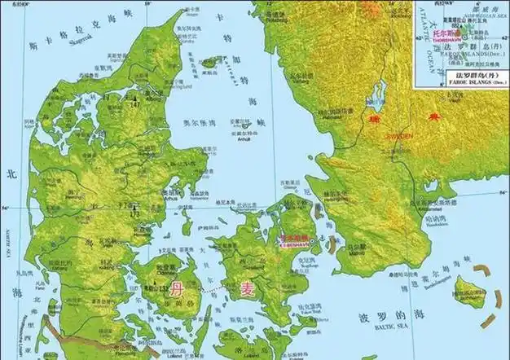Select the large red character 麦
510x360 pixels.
[247, 290]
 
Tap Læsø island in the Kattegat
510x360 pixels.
[210, 62]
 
